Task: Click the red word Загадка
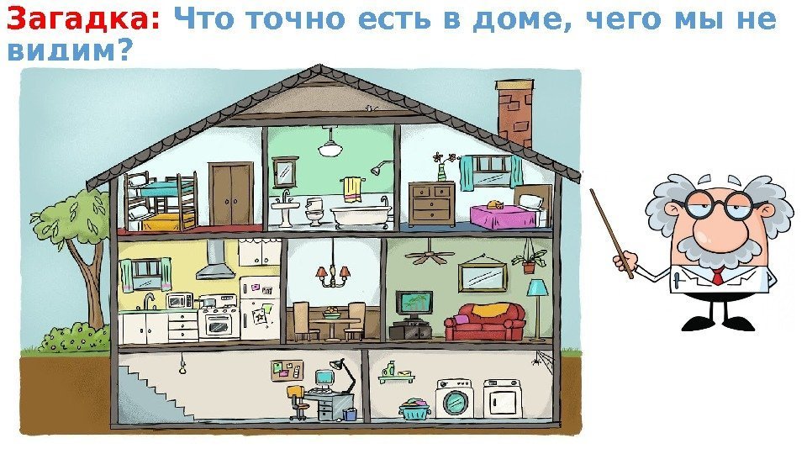(x=82, y=19)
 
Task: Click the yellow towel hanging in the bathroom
(x=351, y=188)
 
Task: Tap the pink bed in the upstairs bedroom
(x=503, y=216)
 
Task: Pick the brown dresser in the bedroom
(x=431, y=204)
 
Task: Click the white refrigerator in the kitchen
(x=261, y=308)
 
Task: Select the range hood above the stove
(x=216, y=261)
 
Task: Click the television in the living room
(x=414, y=304)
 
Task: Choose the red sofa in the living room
(x=485, y=321)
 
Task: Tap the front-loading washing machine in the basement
(x=454, y=399)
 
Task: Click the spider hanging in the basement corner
(x=535, y=362)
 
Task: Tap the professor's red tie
(x=717, y=277)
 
